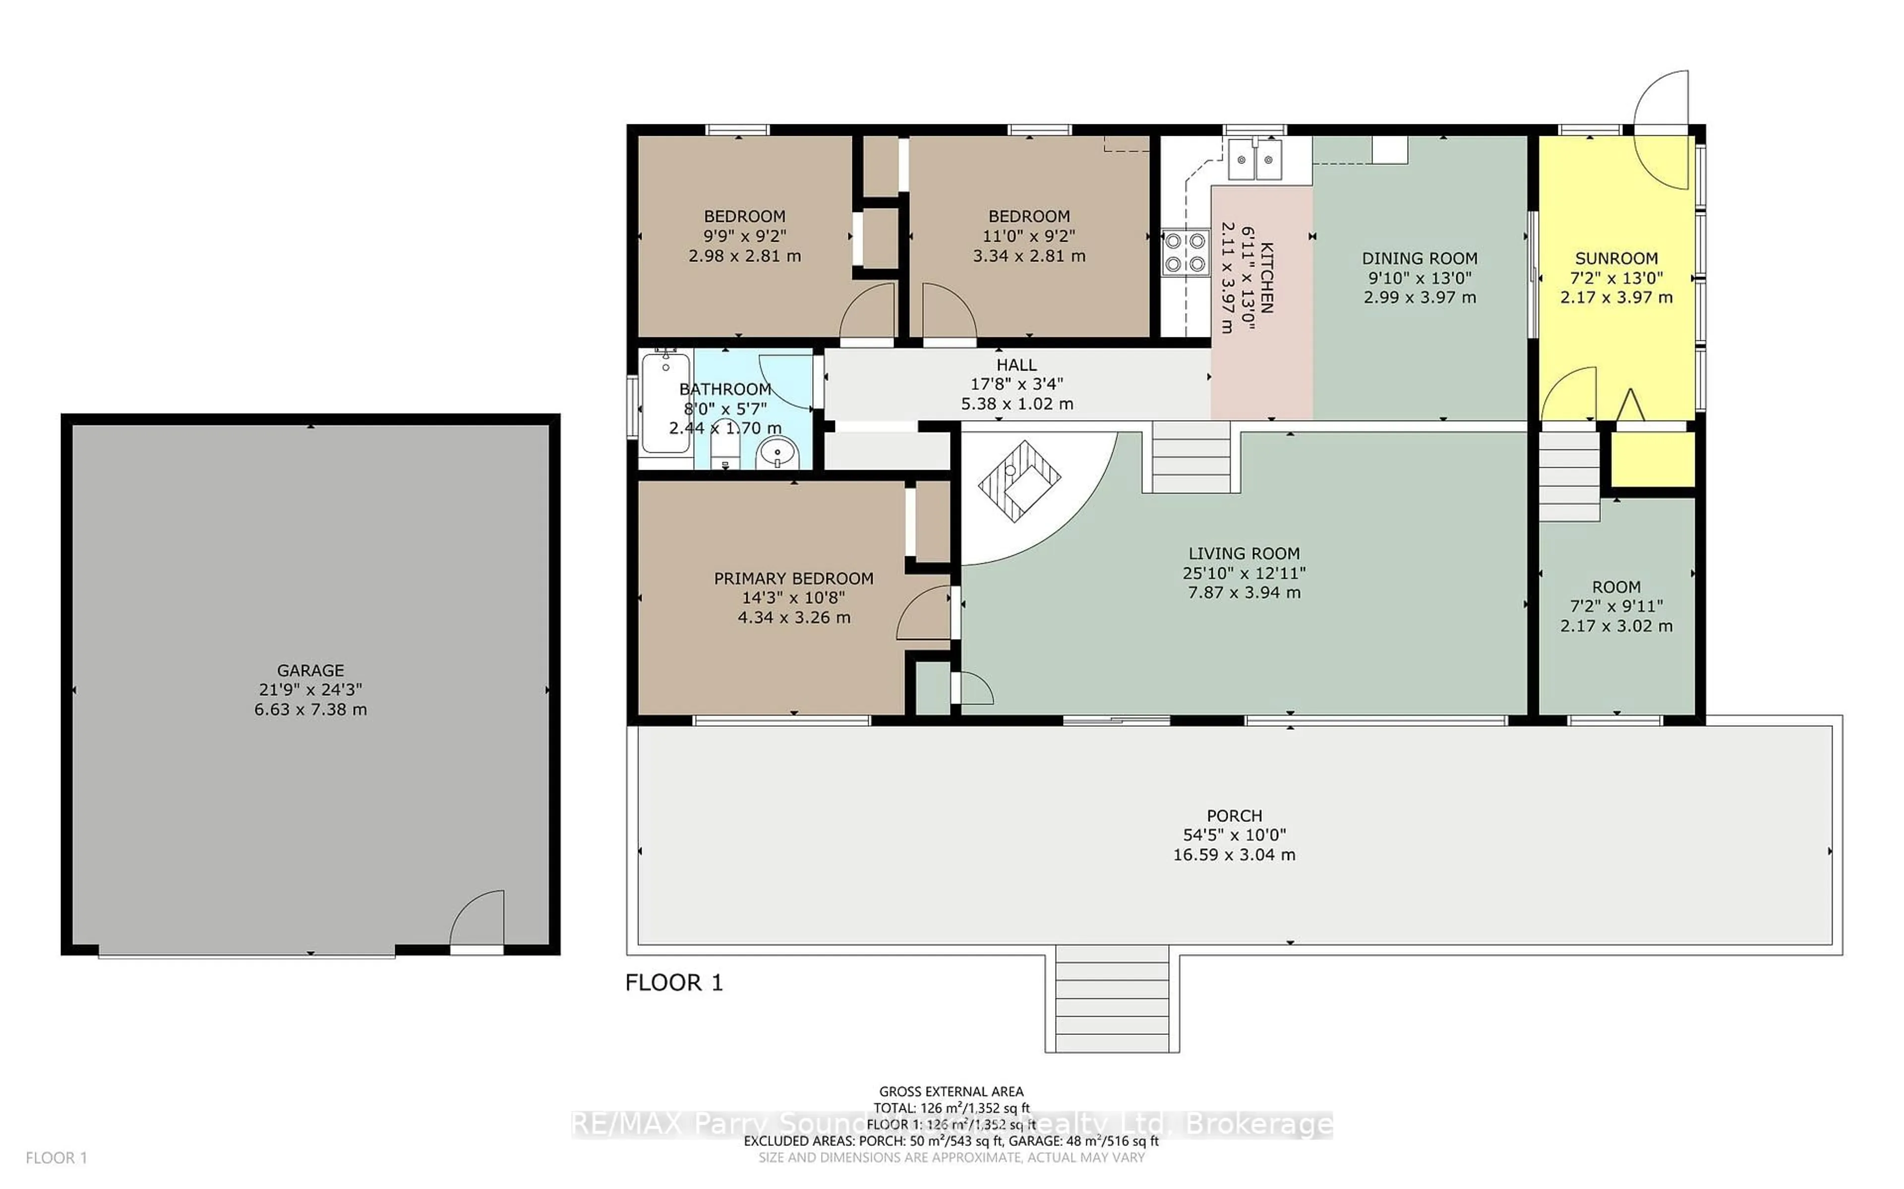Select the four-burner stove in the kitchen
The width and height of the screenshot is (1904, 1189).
[x=1186, y=252]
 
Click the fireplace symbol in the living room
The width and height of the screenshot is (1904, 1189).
[x=1019, y=480]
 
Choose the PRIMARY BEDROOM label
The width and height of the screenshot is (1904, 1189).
[x=793, y=578]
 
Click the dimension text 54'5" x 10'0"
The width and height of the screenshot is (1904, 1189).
[x=1234, y=835]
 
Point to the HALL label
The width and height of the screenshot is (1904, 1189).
[x=1016, y=365]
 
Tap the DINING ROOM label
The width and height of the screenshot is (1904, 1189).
[x=1420, y=258]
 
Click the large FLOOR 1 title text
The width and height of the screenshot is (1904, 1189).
[x=673, y=982]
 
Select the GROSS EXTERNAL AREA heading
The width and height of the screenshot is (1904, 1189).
[x=951, y=1091]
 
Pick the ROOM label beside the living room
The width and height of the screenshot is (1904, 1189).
[x=1616, y=587]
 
